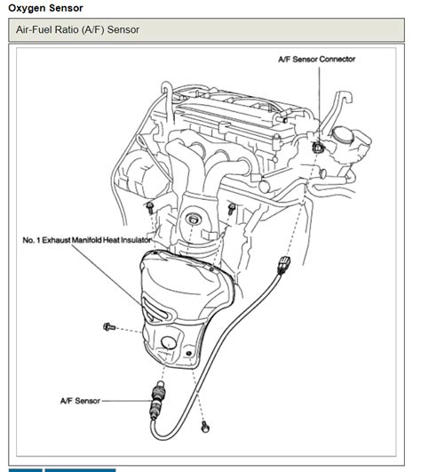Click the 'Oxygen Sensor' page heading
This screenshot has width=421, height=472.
45,8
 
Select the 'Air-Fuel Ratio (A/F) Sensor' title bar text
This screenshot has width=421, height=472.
78,30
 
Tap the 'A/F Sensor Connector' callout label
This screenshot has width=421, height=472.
317,60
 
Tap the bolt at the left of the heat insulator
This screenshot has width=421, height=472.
110,327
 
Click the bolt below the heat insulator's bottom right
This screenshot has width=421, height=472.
206,427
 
